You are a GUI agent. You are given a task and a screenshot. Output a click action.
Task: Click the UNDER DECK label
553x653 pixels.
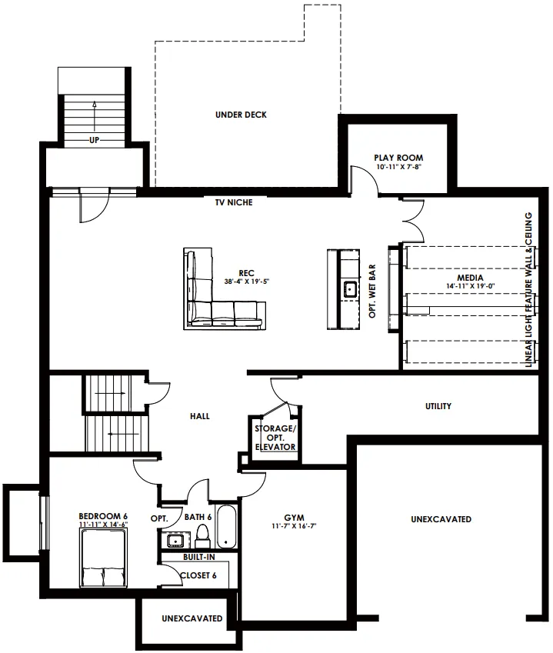tap(241, 115)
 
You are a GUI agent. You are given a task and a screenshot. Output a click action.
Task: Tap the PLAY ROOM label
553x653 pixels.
tap(398, 158)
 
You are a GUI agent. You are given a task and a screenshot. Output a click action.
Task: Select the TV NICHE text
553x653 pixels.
tap(234, 202)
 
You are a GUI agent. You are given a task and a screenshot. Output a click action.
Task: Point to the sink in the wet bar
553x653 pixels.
tap(350, 288)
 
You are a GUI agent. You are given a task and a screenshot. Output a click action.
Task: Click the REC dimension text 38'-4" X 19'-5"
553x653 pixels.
tap(247, 282)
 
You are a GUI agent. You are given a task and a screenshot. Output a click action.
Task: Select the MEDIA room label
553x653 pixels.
tap(470, 278)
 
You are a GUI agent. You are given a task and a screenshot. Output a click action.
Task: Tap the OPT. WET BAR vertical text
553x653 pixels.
tap(372, 291)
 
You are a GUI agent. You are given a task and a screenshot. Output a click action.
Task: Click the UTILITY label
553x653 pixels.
tap(438, 406)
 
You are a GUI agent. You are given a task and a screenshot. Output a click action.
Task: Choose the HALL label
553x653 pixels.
tap(200, 416)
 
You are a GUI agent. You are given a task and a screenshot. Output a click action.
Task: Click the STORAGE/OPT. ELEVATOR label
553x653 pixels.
tap(275, 438)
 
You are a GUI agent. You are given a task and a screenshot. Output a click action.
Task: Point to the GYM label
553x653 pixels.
tap(294, 518)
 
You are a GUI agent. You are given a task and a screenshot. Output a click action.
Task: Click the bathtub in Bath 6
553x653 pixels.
tap(226, 526)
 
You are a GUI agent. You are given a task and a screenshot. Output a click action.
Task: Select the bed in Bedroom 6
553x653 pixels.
tap(103, 558)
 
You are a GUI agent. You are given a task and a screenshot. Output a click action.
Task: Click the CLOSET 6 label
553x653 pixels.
tap(198, 575)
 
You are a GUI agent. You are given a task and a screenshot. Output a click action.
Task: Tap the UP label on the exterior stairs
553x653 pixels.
tap(94, 140)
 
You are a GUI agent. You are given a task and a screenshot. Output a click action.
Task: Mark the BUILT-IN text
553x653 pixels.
tap(199, 557)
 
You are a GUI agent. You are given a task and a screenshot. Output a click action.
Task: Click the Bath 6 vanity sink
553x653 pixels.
tap(175, 541)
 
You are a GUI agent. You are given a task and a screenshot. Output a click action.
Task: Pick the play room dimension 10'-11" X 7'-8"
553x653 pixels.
tap(398, 167)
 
